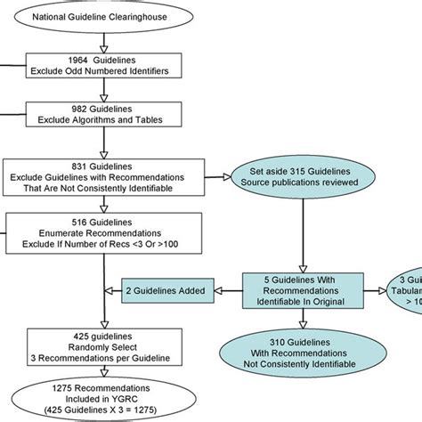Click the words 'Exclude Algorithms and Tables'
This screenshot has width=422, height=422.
pyautogui.click(x=107, y=120)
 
